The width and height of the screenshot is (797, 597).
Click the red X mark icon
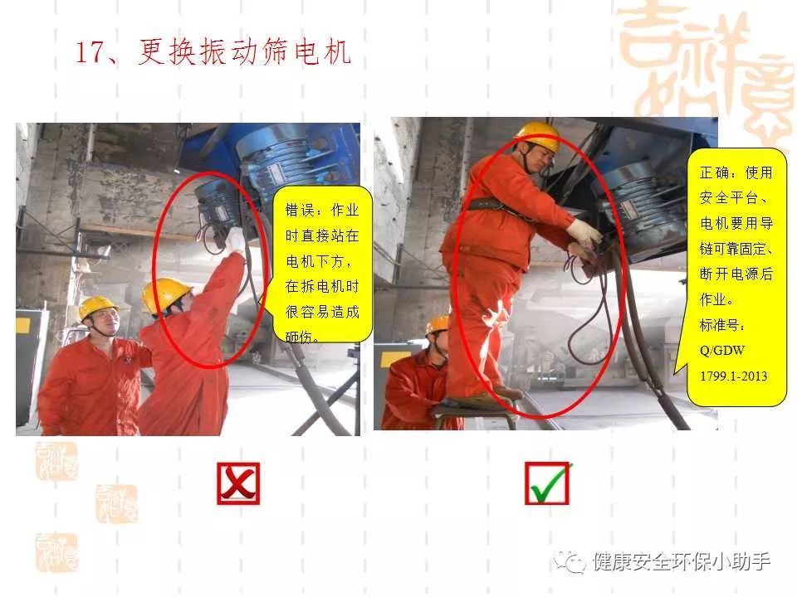click(238, 483)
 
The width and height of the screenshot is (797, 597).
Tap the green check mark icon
click(548, 483)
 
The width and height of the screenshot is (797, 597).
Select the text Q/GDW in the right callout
click(721, 350)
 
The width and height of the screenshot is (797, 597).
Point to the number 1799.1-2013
click(733, 376)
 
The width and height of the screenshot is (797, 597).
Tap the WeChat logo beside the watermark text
click(570, 561)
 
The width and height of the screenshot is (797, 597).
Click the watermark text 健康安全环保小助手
click(681, 561)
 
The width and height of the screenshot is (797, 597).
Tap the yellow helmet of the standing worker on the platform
click(537, 135)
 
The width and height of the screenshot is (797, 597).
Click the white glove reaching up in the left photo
click(234, 239)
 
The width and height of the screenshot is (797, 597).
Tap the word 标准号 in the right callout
click(721, 325)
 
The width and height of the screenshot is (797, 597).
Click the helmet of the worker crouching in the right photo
click(438, 325)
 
